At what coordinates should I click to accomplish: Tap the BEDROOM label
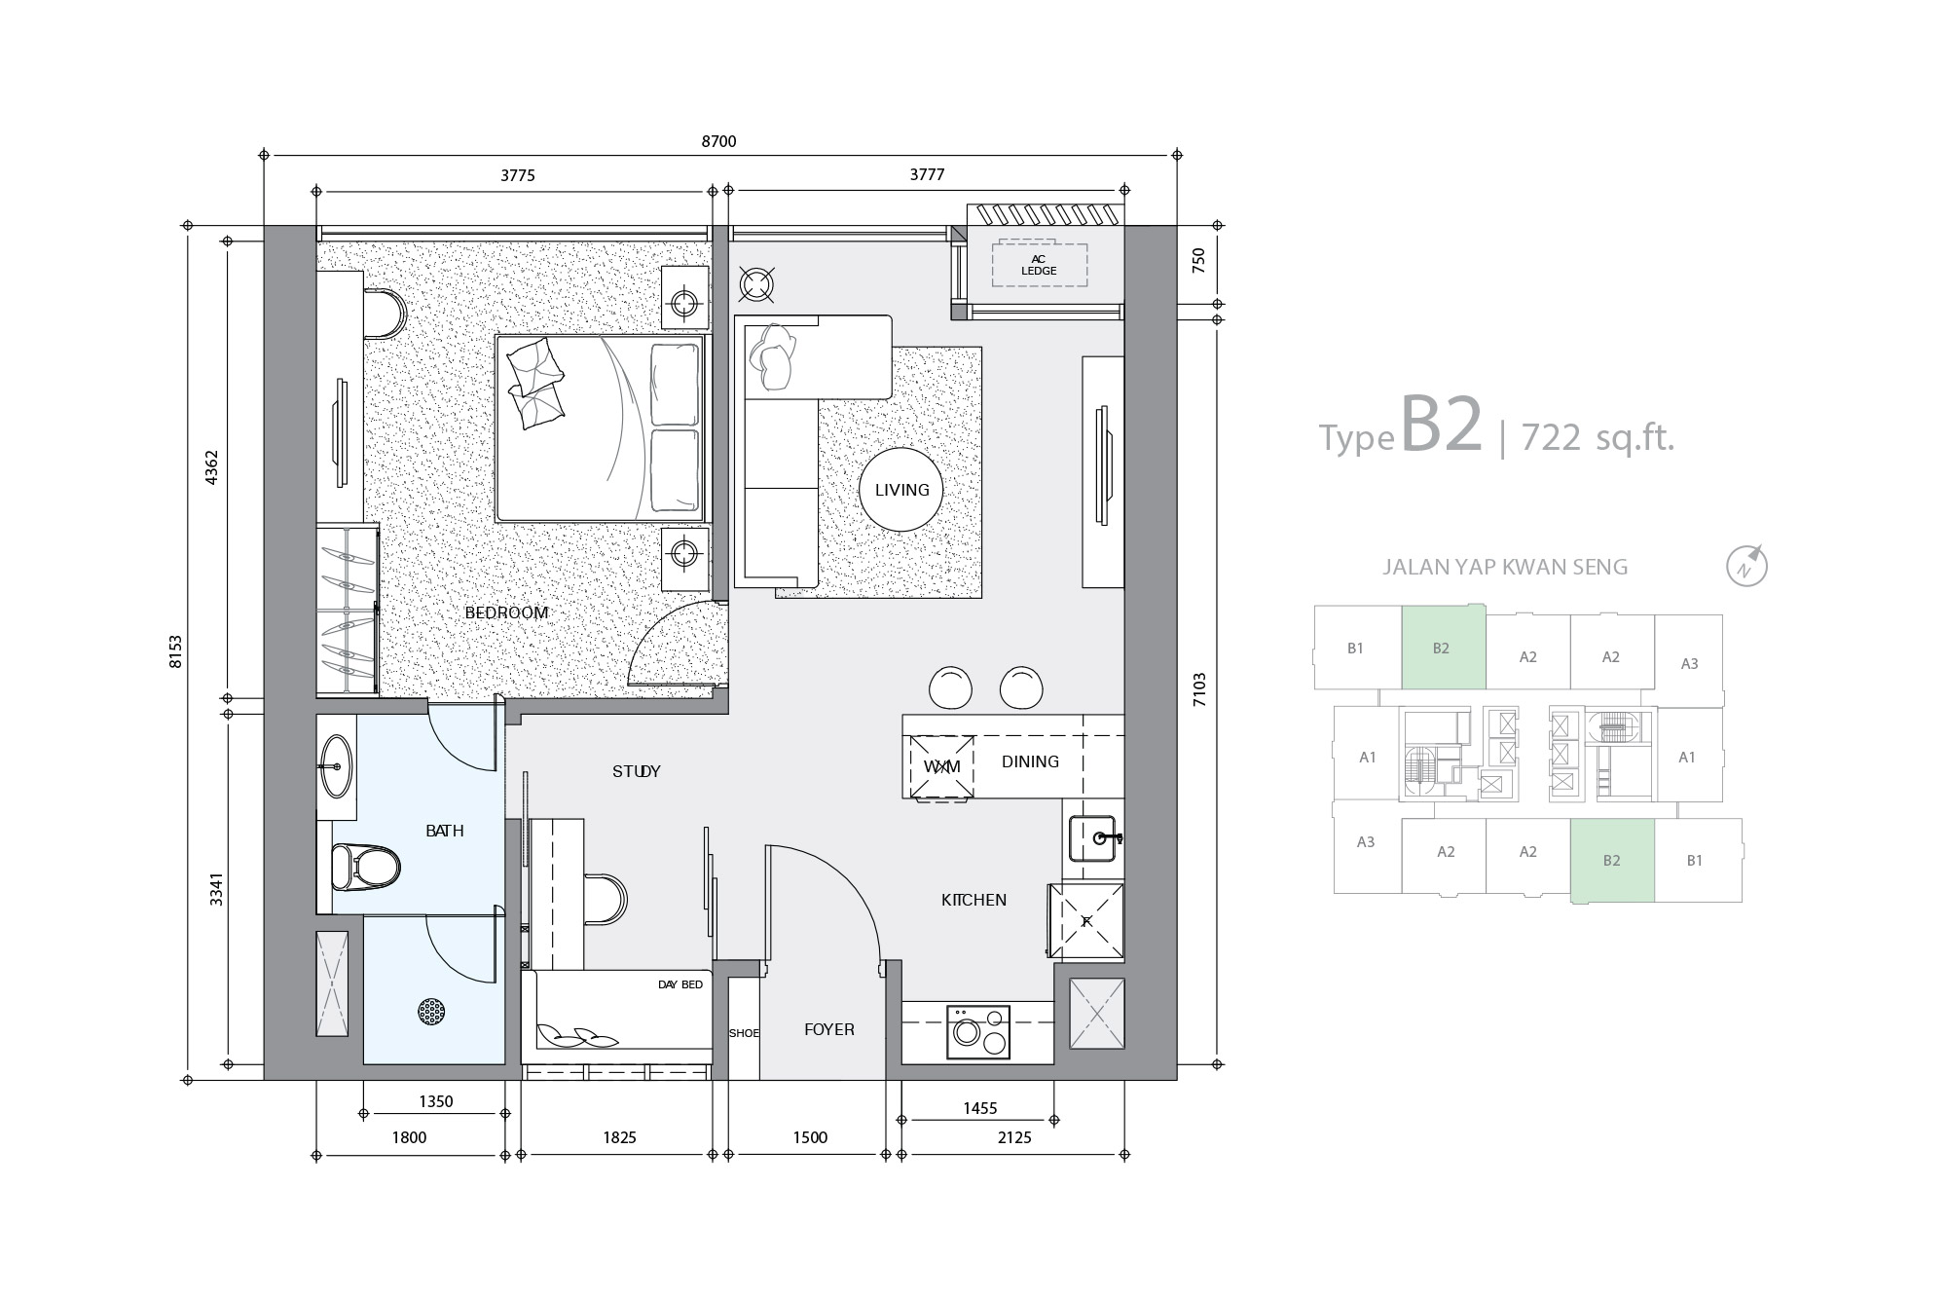pyautogui.click(x=506, y=612)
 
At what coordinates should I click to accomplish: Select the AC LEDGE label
pyautogui.click(x=1039, y=265)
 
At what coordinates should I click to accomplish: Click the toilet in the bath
pyautogui.click(x=365, y=867)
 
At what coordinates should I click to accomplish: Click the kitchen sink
pyautogui.click(x=1096, y=837)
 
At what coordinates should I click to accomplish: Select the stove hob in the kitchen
pyautogui.click(x=977, y=1031)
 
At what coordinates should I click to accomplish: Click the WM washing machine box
pyautogui.click(x=941, y=766)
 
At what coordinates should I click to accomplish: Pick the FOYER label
pyautogui.click(x=829, y=1029)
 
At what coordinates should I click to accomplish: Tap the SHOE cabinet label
pyautogui.click(x=744, y=1033)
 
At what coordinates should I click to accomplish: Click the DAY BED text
pyautogui.click(x=680, y=984)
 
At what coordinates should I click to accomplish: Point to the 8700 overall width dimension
pyautogui.click(x=719, y=141)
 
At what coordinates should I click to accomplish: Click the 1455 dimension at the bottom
pyautogui.click(x=979, y=1108)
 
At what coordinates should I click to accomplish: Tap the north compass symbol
pyautogui.click(x=1747, y=567)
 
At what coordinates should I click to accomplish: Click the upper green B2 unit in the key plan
pyautogui.click(x=1444, y=647)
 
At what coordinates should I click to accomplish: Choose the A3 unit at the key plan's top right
pyautogui.click(x=1689, y=661)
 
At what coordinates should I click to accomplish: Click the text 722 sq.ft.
pyautogui.click(x=1598, y=438)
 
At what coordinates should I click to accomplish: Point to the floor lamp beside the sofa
pyautogui.click(x=756, y=283)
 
